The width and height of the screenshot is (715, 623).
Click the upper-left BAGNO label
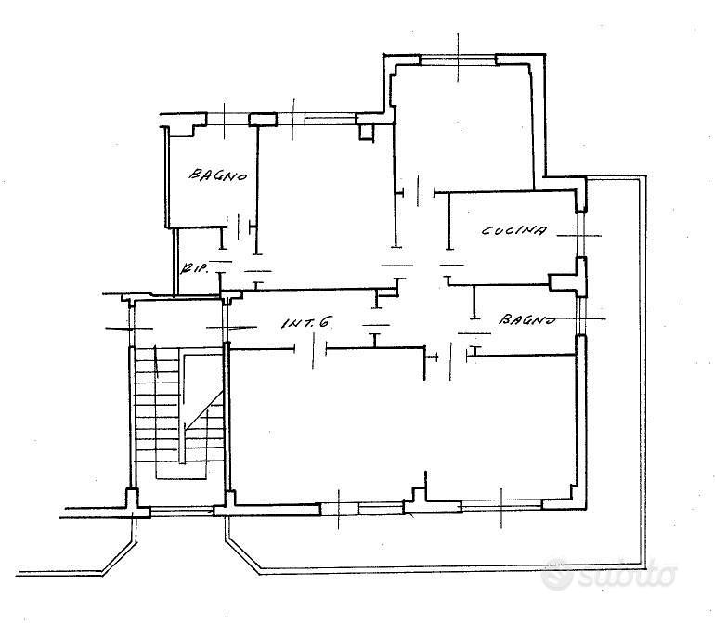[218, 175]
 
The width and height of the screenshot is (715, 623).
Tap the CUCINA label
[513, 230]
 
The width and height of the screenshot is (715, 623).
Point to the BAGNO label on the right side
[527, 318]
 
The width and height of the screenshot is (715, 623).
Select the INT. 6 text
[305, 323]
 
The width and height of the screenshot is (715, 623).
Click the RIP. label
[195, 267]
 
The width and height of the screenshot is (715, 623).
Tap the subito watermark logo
[609, 574]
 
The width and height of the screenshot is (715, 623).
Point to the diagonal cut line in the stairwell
[203, 409]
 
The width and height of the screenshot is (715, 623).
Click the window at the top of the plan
[458, 59]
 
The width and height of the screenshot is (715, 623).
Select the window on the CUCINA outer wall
[580, 235]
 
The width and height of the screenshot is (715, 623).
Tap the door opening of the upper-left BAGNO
[239, 226]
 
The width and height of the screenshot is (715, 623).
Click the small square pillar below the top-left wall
[366, 131]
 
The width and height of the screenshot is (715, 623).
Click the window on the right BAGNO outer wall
[580, 316]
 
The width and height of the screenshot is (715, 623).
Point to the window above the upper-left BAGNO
[227, 120]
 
